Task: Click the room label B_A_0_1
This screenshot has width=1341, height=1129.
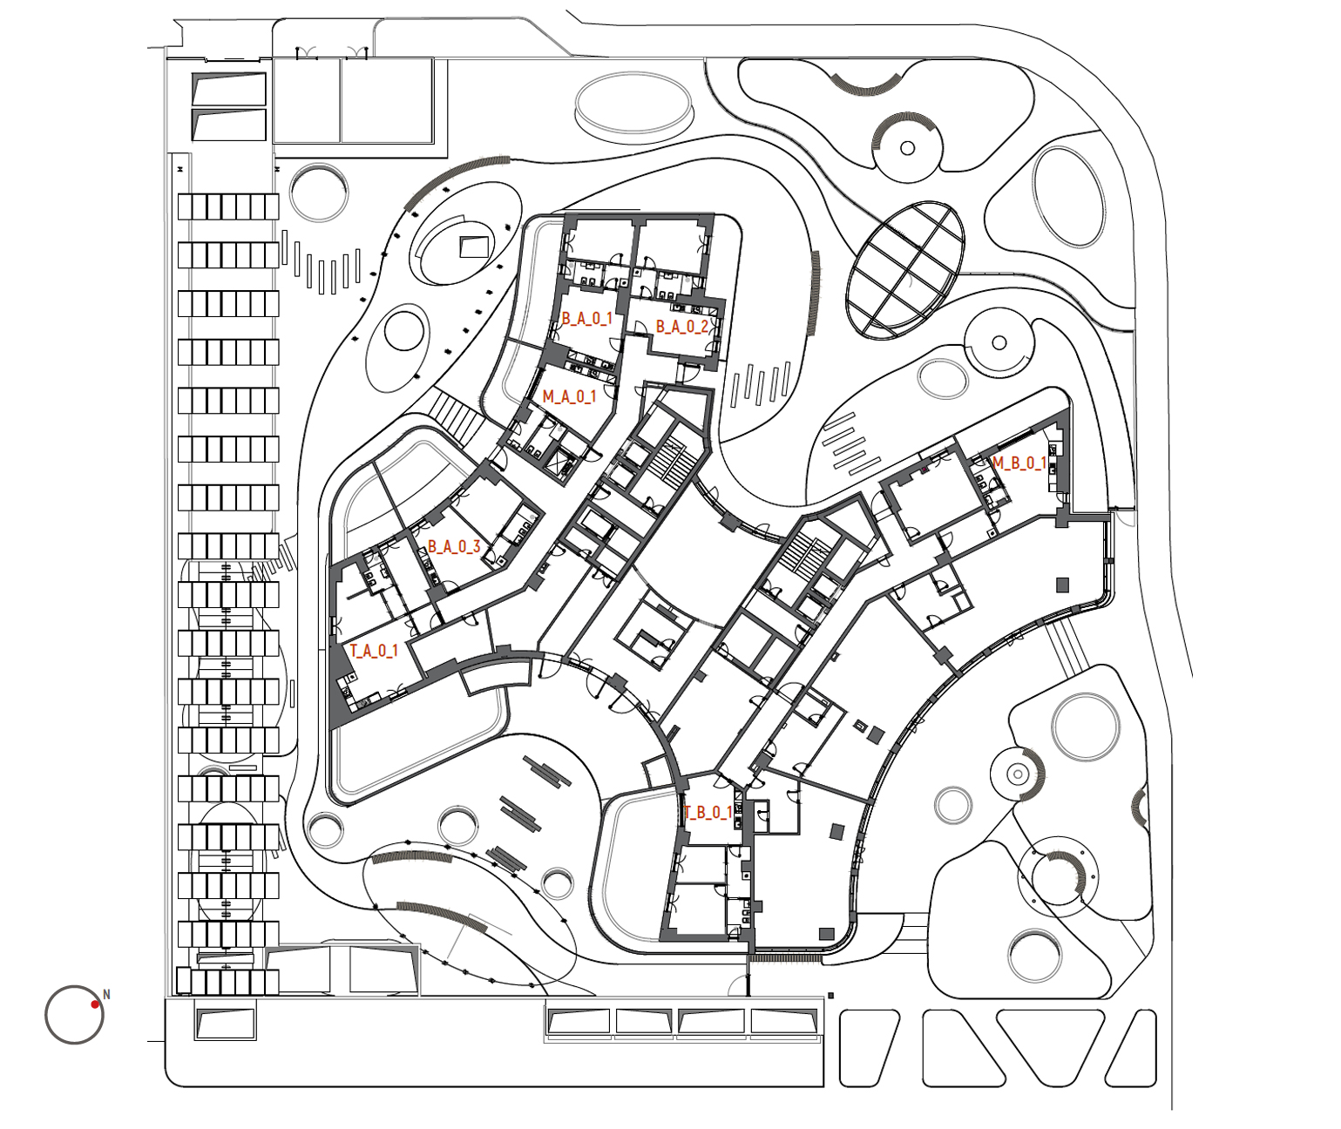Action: pyautogui.click(x=587, y=319)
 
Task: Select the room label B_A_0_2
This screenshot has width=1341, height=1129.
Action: pyautogui.click(x=681, y=327)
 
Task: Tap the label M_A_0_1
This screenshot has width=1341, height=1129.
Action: pyautogui.click(x=569, y=396)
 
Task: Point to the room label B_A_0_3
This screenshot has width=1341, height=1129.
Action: pyautogui.click(x=454, y=546)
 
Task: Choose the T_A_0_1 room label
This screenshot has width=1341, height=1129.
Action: pyautogui.click(x=374, y=651)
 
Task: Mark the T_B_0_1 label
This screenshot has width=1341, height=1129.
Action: pyautogui.click(x=708, y=813)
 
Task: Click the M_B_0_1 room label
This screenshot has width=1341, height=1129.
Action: pyautogui.click(x=1019, y=463)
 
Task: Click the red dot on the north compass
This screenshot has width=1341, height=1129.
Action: pyautogui.click(x=95, y=1004)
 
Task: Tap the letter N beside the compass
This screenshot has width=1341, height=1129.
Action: pyautogui.click(x=106, y=995)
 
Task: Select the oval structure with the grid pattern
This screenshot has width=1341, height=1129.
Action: pyautogui.click(x=905, y=269)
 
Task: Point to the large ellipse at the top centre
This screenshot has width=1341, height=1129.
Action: pyautogui.click(x=634, y=106)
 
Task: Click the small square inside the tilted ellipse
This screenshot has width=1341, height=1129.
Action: pyautogui.click(x=473, y=246)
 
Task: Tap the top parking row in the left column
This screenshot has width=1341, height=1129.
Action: pyautogui.click(x=228, y=206)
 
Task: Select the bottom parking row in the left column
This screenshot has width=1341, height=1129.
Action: pyautogui.click(x=228, y=982)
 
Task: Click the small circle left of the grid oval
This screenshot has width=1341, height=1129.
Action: pyautogui.click(x=907, y=148)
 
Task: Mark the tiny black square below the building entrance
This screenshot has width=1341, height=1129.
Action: pyautogui.click(x=831, y=996)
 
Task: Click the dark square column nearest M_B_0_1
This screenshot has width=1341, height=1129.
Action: pyautogui.click(x=1062, y=585)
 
